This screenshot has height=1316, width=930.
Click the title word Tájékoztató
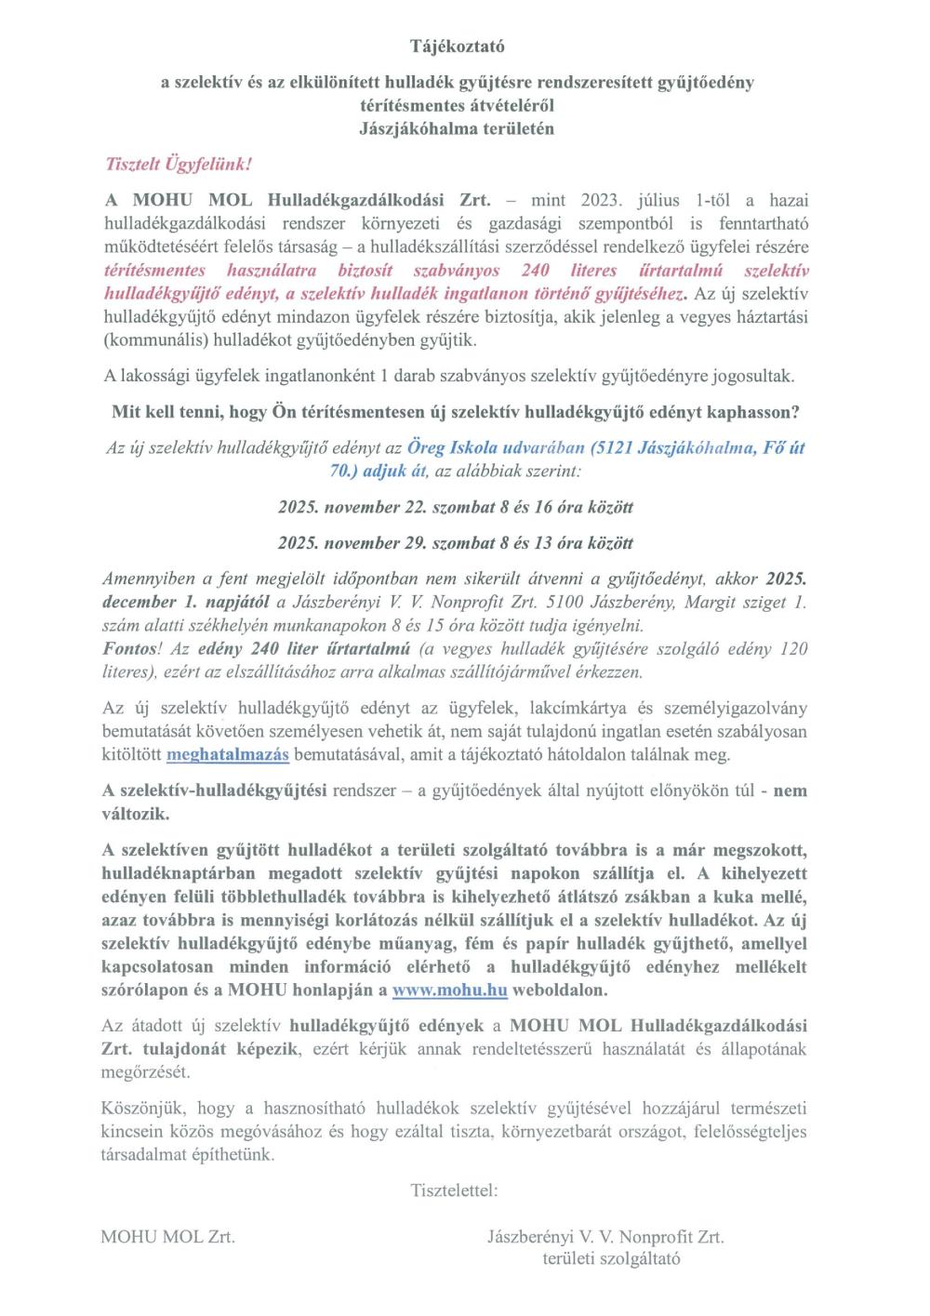tap(458, 46)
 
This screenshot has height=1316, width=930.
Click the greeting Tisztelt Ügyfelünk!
tap(179, 165)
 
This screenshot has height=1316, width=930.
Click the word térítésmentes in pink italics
tap(154, 271)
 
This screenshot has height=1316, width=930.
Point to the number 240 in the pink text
tap(535, 271)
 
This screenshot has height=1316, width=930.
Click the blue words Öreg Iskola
tap(450, 447)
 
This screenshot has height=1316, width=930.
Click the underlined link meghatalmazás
tap(228, 754)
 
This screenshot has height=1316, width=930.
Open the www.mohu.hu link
tap(449, 990)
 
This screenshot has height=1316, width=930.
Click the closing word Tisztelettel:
tap(454, 1190)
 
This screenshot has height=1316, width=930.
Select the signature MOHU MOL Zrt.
tap(167, 1236)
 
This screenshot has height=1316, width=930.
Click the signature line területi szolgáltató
tap(611, 1259)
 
